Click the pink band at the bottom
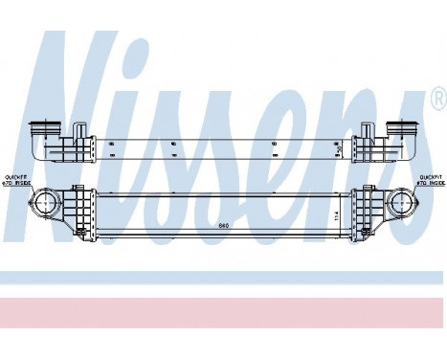click(223, 310)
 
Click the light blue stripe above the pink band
click(223, 278)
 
